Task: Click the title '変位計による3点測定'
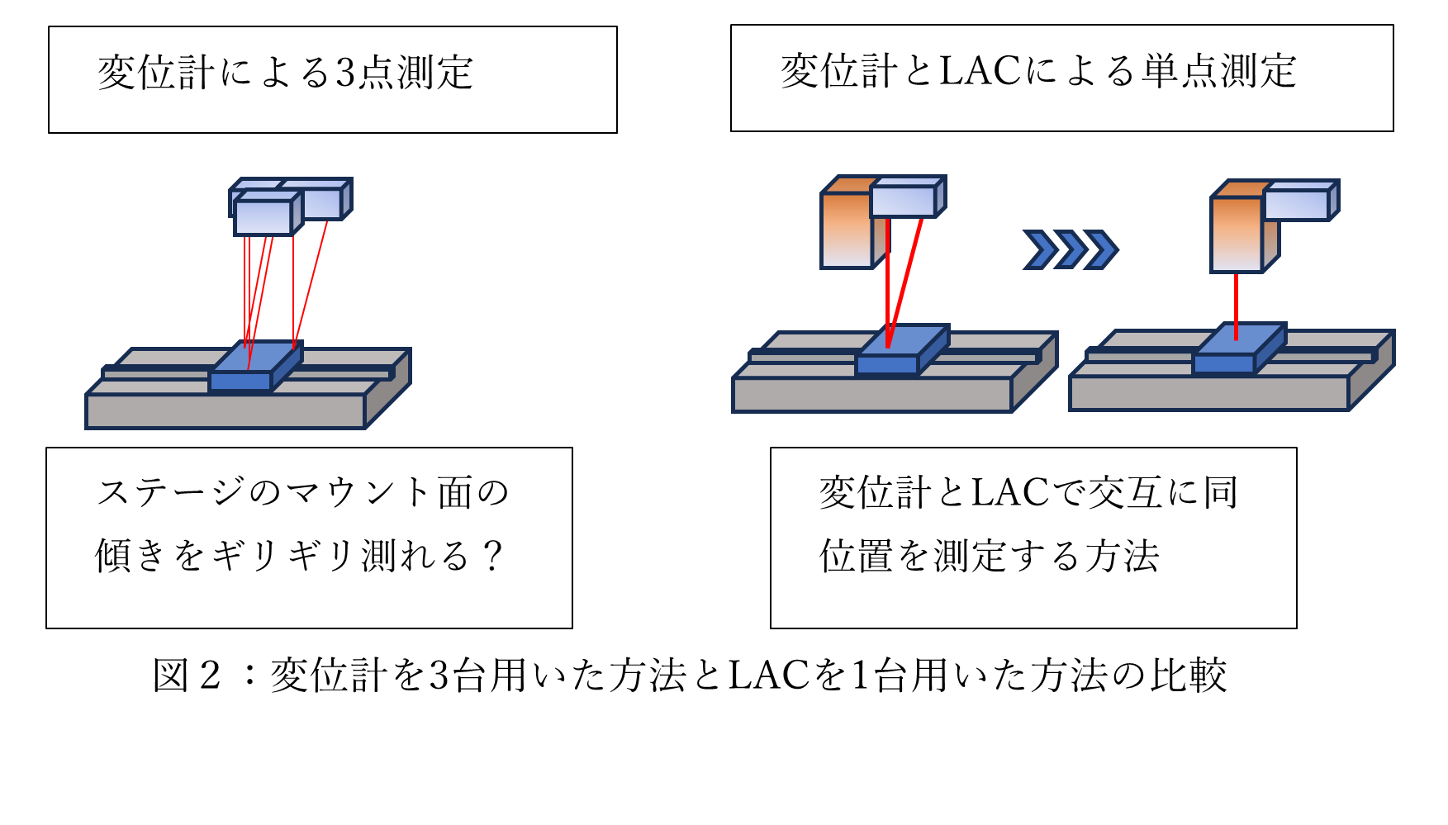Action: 285,73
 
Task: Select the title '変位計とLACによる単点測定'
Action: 1038,71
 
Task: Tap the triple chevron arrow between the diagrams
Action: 1070,249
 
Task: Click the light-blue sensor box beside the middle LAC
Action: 903,199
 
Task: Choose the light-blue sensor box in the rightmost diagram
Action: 1296,202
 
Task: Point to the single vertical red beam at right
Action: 1236,306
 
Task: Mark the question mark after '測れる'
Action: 492,556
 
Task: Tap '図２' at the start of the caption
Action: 188,676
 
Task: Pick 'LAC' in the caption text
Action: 768,676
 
